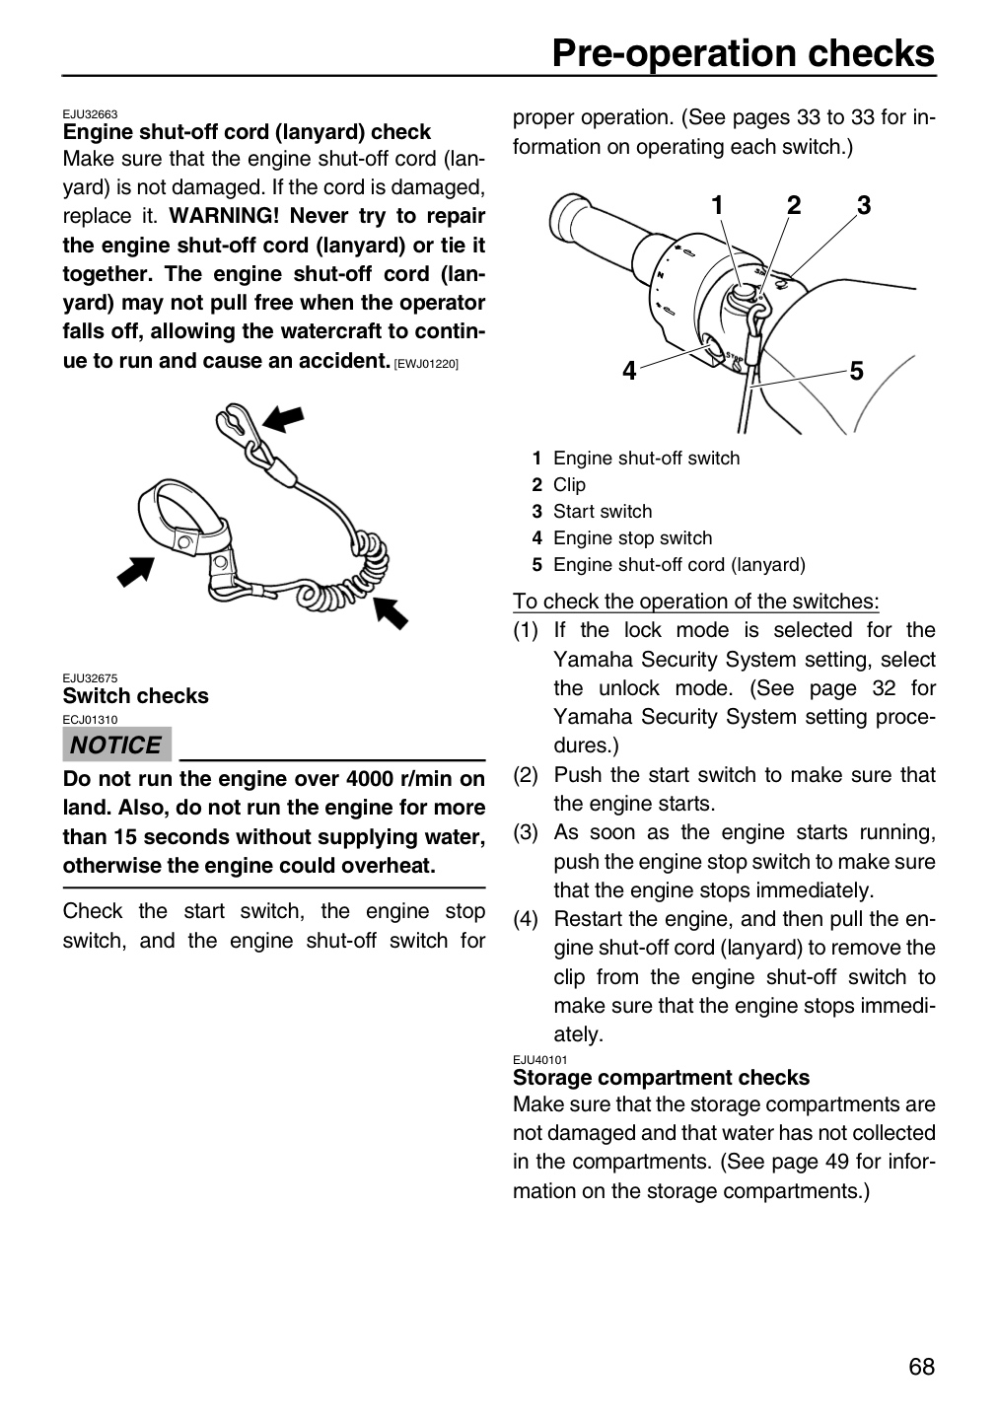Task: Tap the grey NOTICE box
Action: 116,745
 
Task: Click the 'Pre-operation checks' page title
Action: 744,52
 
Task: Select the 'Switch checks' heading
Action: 136,695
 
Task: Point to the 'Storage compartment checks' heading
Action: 661,1077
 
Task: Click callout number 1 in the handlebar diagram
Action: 717,205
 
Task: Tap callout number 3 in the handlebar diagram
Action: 864,205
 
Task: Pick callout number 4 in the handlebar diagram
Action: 629,370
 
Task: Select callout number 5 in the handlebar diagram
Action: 857,371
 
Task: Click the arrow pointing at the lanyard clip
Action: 283,419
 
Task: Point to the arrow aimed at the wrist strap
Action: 136,571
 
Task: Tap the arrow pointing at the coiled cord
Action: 390,612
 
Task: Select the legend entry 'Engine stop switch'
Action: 633,538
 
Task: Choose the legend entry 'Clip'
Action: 569,485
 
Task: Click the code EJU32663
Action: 90,114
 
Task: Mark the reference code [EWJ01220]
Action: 426,364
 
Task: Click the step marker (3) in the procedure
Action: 526,832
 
